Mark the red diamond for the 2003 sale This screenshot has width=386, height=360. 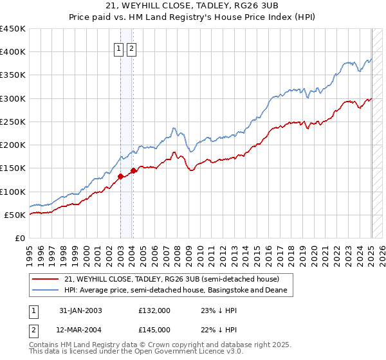(x=120, y=176)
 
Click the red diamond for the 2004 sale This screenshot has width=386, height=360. (x=133, y=170)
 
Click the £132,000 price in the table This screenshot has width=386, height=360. (x=154, y=310)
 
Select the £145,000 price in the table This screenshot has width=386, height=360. (x=154, y=329)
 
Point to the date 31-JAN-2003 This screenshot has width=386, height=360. (x=80, y=310)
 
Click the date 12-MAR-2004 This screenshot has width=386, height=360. (x=80, y=329)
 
